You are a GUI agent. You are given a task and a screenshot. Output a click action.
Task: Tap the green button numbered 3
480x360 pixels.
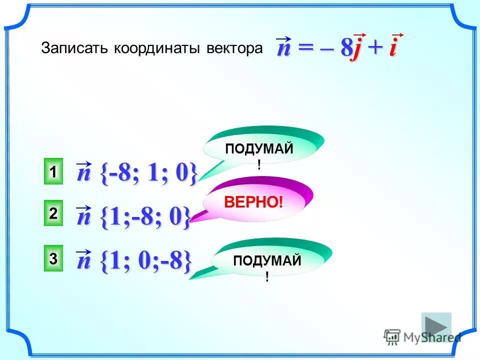point(53,259)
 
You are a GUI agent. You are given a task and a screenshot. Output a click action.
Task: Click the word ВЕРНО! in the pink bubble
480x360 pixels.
point(253,202)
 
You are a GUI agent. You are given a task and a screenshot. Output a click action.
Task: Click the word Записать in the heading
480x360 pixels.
point(75,48)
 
